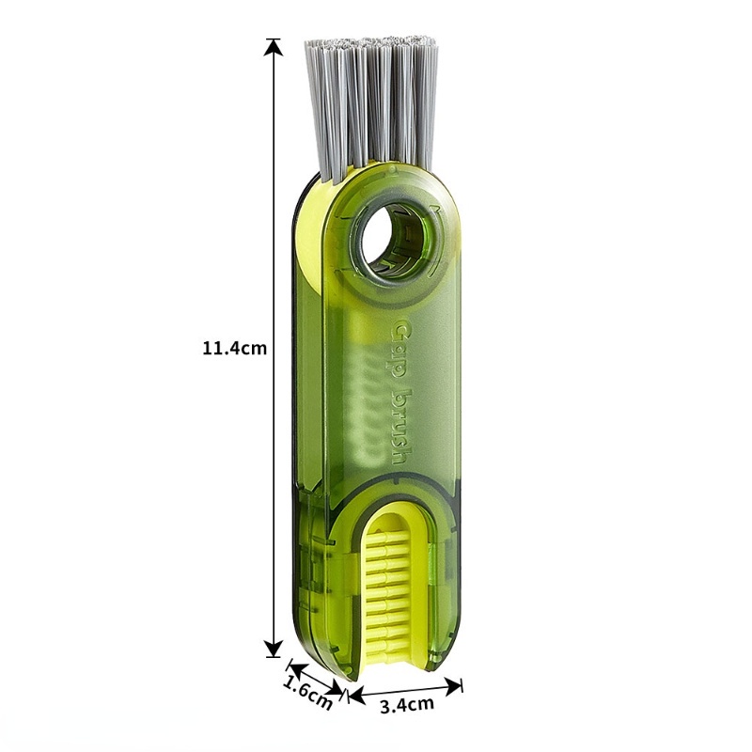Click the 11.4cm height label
[x=234, y=348]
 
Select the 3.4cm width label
[x=407, y=704]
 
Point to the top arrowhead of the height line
[x=274, y=46]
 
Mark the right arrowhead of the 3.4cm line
[x=454, y=684]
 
